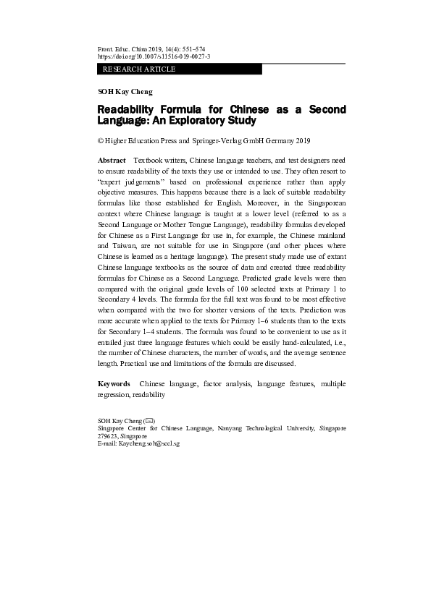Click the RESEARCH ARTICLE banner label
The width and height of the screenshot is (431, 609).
tap(139, 69)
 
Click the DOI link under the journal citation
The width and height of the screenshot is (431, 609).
tap(154, 56)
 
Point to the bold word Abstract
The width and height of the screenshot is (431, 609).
tap(112, 159)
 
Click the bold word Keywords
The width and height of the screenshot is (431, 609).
tap(114, 383)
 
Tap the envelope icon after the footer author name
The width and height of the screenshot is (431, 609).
tap(149, 420)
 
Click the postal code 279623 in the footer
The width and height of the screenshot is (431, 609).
tap(108, 436)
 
